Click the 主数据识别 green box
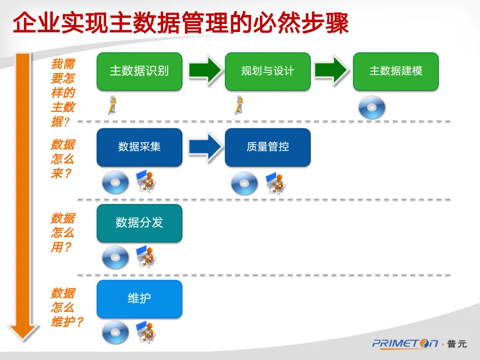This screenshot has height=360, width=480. coord(139,71)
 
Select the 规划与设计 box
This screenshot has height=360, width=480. coord(268,71)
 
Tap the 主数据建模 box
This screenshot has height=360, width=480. coord(396,71)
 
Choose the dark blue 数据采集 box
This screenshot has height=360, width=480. coord(139,147)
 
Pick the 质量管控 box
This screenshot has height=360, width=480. coord(268,147)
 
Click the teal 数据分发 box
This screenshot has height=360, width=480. coord(139,223)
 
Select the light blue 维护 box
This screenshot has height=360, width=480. coord(139,299)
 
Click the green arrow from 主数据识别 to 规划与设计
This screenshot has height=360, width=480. coord(204,70)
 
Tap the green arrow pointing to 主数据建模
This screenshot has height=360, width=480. coord(332,70)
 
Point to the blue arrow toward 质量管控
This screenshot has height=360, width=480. coord(204,146)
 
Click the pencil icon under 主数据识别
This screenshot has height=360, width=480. coord(112,105)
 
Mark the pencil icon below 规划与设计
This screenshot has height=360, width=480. coord(239,105)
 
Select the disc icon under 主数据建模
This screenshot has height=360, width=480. coord(372,108)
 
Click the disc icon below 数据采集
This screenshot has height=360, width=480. coord(116,183)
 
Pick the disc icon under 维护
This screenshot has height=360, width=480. coord(116,332)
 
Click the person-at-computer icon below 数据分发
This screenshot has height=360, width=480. coord(147,256)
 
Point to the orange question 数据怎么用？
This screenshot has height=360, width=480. coord(63,232)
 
